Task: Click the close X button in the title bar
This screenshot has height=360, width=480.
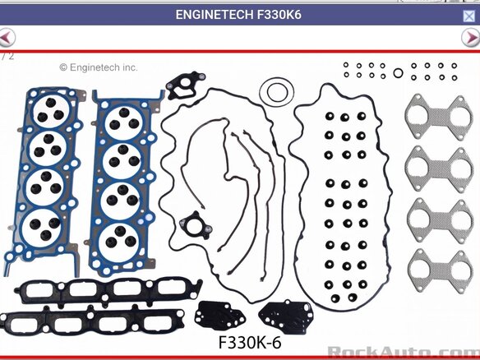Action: click(x=468, y=16)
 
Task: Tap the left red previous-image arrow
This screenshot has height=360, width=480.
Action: click(x=6, y=37)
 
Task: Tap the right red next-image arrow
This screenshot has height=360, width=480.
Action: click(x=471, y=37)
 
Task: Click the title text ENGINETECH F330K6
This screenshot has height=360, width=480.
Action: click(x=238, y=15)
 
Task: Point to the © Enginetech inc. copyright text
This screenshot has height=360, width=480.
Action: click(x=99, y=67)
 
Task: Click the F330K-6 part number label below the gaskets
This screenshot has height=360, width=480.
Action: click(x=250, y=343)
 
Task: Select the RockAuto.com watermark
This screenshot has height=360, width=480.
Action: click(x=404, y=353)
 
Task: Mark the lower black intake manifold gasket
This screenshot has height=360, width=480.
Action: click(x=92, y=321)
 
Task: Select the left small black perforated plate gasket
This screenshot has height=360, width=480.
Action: click(x=219, y=316)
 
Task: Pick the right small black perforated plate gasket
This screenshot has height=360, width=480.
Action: click(x=286, y=316)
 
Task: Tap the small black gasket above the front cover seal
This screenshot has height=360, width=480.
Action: click(x=185, y=84)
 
